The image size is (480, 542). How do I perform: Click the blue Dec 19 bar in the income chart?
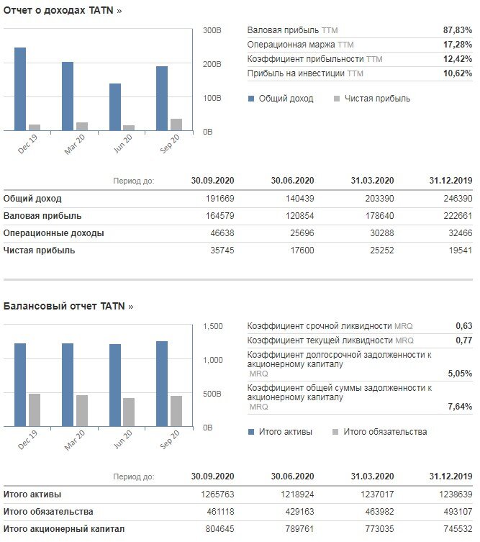tap(20, 89)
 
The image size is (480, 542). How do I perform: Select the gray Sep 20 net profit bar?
tap(176, 125)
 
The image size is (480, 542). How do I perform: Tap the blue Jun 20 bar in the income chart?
tap(115, 107)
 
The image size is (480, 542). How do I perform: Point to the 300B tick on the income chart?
tap(212, 30)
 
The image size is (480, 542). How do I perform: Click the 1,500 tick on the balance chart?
tap(213, 326)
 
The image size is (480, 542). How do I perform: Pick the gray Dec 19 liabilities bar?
tap(35, 410)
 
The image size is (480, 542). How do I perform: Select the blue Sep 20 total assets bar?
tap(162, 384)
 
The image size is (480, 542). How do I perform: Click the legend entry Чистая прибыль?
tap(372, 99)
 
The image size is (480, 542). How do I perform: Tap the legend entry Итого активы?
tap(280, 432)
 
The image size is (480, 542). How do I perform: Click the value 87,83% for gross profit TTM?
tap(458, 30)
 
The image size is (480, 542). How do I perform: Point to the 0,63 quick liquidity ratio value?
tap(463, 325)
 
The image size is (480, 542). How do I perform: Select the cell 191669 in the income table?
tap(220, 199)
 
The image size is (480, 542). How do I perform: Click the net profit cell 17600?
tap(302, 250)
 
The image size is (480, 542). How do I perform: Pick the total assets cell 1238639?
tap(456, 494)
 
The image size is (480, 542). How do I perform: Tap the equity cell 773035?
tap(379, 529)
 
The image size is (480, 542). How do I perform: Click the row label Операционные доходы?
tap(53, 233)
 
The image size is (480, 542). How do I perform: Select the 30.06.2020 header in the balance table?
tap(292, 476)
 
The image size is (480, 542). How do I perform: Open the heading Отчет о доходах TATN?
tap(63, 10)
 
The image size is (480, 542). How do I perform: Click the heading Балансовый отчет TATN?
tap(68, 306)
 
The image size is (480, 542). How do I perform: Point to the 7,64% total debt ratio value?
tap(460, 407)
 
